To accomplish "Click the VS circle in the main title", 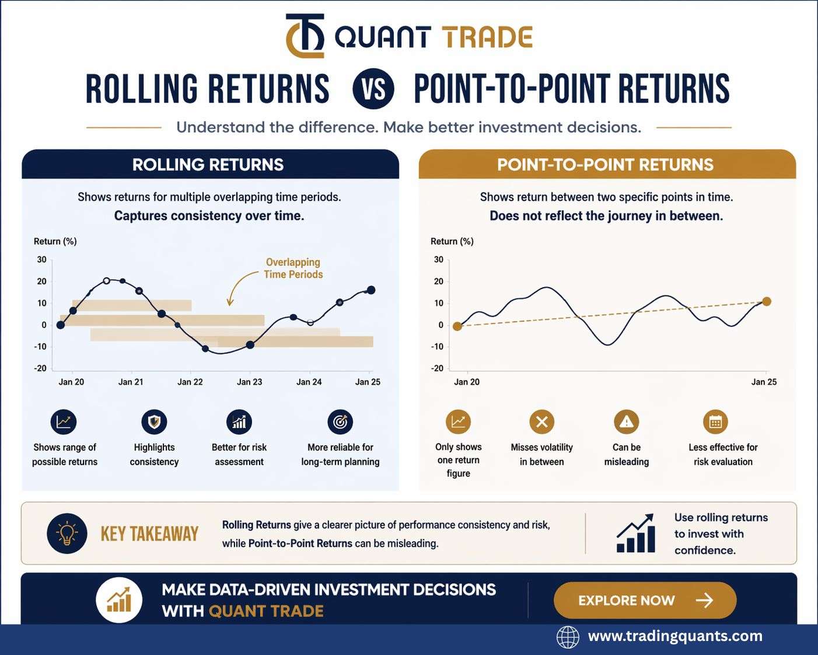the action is (x=373, y=89).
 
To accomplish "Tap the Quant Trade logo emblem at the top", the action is (x=305, y=36).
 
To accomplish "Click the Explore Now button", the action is (x=645, y=600).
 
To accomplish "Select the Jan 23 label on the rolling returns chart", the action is (x=249, y=382).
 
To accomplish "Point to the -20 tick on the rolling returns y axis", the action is (x=40, y=368).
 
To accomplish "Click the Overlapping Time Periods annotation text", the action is (x=293, y=268).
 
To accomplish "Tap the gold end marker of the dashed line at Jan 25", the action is (x=767, y=302).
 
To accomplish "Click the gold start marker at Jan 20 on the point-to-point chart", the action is (x=457, y=326).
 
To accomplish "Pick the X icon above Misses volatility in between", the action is (x=541, y=422).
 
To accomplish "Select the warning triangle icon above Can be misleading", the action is (x=627, y=422).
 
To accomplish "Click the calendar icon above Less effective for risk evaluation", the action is (x=715, y=422).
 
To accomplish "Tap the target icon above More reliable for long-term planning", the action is (x=340, y=422).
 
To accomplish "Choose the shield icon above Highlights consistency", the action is (x=154, y=422).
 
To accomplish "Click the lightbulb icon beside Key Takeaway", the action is (x=67, y=533).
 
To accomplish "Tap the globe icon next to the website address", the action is (x=568, y=637).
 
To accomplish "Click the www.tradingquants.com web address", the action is (x=675, y=636).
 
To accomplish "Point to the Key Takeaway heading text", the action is (x=149, y=534).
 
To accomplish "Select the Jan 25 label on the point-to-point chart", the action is (x=764, y=382).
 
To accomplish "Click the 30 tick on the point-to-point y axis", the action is (x=439, y=259).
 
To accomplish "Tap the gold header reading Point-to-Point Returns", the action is (x=607, y=164).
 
